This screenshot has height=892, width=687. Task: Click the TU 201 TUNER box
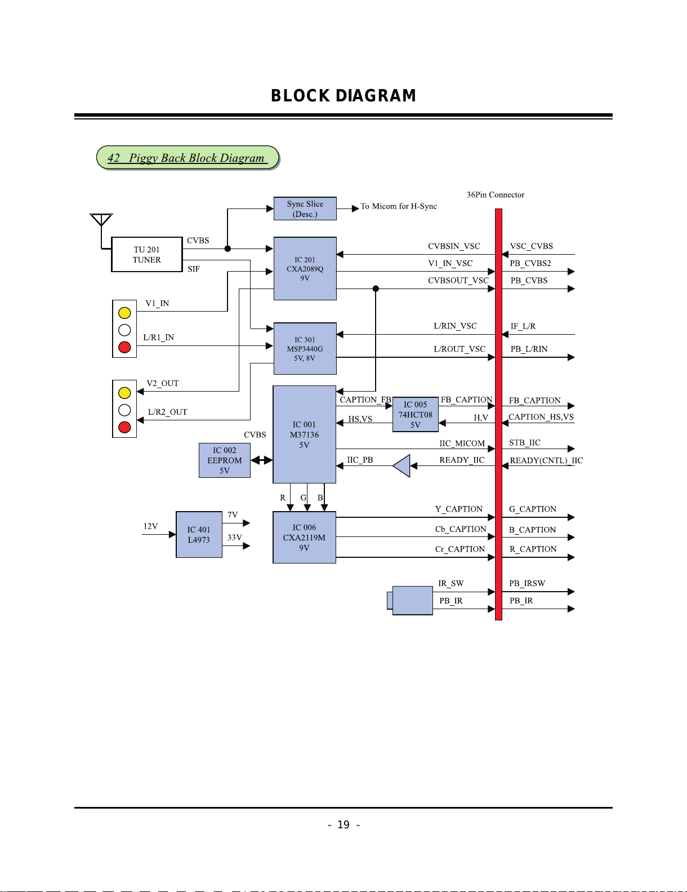pos(147,255)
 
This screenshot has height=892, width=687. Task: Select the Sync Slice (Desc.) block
pos(305,208)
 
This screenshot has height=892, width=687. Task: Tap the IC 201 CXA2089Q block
pos(305,268)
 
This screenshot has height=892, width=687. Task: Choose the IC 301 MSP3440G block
pos(305,348)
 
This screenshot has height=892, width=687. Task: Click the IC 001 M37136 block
pos(304,434)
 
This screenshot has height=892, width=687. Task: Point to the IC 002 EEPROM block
pos(224,460)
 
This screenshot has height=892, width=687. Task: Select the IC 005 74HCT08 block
pos(416,414)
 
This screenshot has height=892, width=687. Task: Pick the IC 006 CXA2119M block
pos(304,538)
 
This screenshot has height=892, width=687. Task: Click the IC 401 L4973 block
pos(199,534)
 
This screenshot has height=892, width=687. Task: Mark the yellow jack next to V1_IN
pos(124,313)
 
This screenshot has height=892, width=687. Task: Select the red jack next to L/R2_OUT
pos(124,427)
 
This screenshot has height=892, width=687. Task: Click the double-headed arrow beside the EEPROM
pos(262,460)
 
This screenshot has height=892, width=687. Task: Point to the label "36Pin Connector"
pos(496,194)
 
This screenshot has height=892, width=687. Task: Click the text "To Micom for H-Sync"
pos(399,206)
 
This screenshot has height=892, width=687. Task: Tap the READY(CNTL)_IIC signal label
pos(546,460)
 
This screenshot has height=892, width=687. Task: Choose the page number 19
pos(343,825)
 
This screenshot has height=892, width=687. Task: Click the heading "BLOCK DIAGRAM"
pos(343,96)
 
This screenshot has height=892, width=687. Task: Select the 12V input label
pos(150,526)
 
